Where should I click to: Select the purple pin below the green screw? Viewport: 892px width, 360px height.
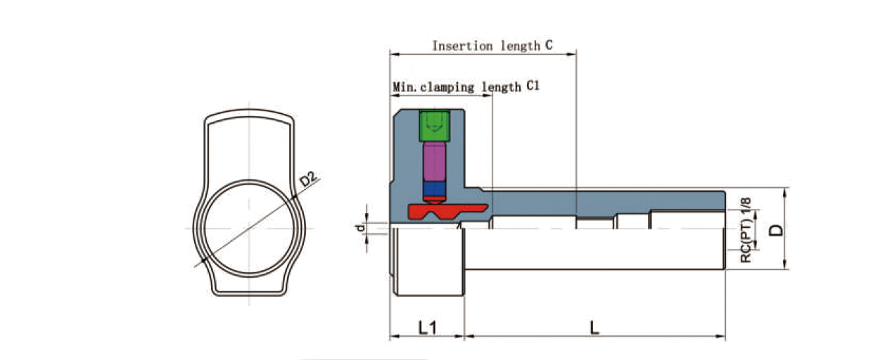coord(434,162)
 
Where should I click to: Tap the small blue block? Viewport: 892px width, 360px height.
coord(434,188)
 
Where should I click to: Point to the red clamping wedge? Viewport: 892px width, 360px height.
coord(443,210)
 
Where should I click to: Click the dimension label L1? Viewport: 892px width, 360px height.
coord(427,327)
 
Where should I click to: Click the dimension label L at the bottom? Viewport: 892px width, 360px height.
coord(594,327)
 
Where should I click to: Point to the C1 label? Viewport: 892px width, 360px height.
coord(533,86)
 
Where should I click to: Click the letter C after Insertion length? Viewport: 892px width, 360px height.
coord(548,46)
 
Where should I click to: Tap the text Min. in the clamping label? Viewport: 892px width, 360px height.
coord(404,87)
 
